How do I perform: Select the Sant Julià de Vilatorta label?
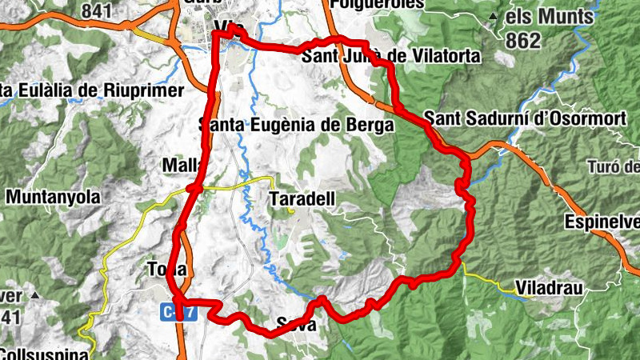click(390, 56)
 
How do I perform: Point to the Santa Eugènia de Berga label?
click(297, 126)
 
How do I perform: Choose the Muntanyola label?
click(54, 196)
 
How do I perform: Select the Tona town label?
click(167, 269)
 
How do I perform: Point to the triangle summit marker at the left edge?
click(35, 296)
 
